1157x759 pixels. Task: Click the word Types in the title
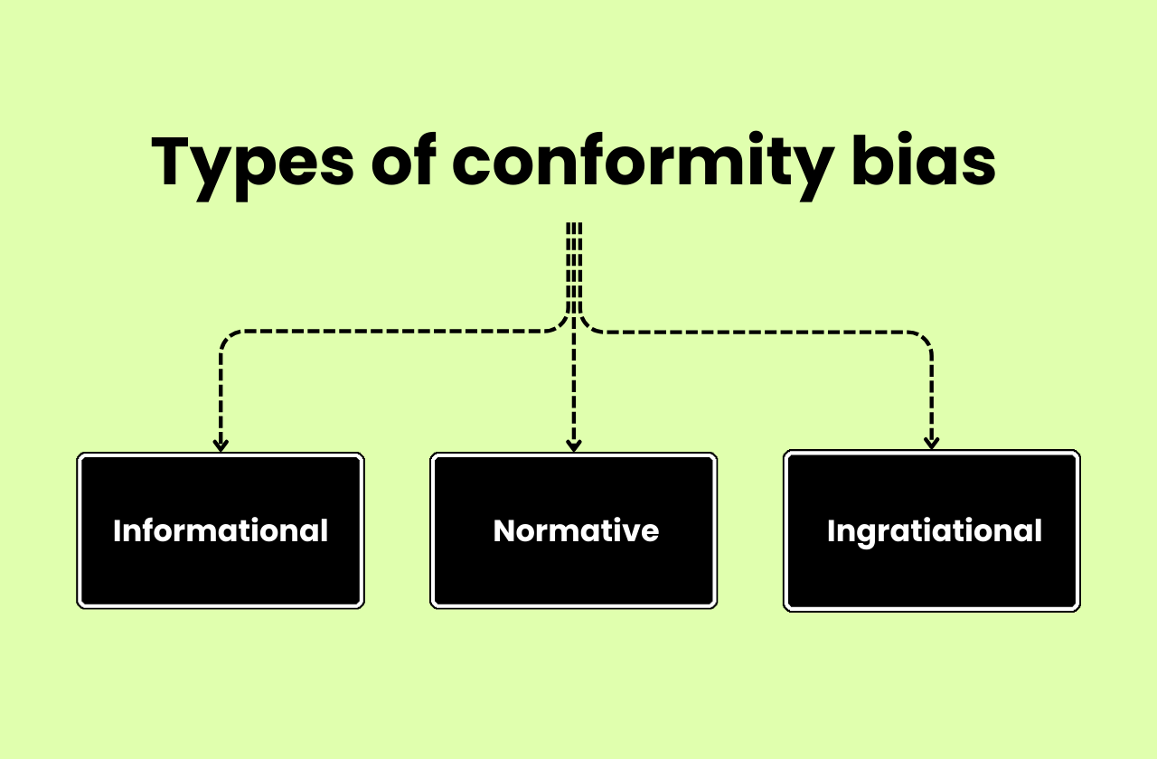pos(252,164)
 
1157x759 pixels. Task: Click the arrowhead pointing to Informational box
pos(221,445)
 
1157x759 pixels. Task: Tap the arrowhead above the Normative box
pos(573,445)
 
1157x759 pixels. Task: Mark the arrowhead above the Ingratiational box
pos(932,443)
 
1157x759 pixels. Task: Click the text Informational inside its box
pos(221,530)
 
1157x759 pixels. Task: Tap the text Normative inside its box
pos(576,530)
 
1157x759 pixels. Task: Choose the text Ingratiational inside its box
pos(935,530)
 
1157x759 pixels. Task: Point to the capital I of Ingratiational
pos(831,530)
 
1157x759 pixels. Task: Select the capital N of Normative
pos(503,530)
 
